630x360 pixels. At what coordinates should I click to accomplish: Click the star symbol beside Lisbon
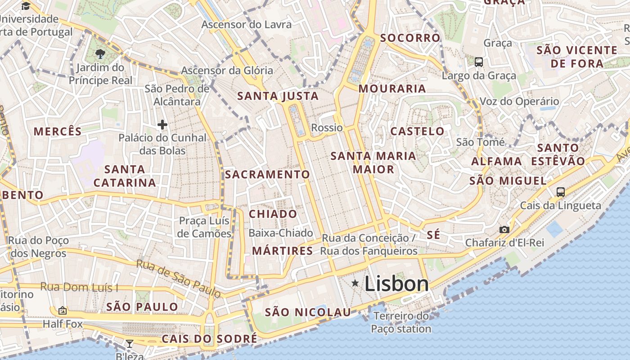(355, 283)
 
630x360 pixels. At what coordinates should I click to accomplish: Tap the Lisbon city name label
(396, 284)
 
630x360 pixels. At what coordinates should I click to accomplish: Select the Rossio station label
(327, 127)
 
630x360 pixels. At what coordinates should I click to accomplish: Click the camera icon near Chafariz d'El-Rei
(504, 229)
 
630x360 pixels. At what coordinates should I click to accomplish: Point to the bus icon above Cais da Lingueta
(560, 192)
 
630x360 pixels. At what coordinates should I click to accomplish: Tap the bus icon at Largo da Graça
(479, 62)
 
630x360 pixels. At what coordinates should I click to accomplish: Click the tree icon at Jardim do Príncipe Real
(100, 54)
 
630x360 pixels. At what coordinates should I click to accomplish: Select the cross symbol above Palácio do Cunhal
(162, 125)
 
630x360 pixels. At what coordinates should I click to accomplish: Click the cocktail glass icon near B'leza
(129, 344)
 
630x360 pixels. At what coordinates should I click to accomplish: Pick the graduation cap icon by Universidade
(26, 6)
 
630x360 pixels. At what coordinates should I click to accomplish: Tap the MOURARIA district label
(392, 89)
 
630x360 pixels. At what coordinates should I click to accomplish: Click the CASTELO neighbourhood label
(417, 131)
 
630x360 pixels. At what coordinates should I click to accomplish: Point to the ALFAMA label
(496, 161)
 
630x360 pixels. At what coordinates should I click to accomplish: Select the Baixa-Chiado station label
(281, 233)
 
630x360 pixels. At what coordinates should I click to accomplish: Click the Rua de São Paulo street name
(179, 279)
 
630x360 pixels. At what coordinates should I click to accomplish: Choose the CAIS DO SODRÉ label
(209, 338)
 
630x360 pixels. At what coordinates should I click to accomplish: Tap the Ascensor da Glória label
(227, 70)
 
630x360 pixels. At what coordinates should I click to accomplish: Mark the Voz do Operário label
(520, 101)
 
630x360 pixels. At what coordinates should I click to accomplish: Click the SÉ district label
(433, 235)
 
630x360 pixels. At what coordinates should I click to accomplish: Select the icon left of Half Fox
(63, 310)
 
